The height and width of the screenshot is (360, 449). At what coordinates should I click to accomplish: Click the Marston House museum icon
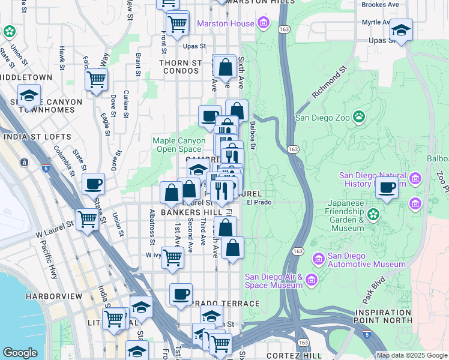pyautogui.click(x=263, y=24)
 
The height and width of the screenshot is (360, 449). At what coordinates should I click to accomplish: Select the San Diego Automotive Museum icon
pyautogui.click(x=319, y=259)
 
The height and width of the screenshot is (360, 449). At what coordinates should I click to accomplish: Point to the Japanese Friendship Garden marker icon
pyautogui.click(x=373, y=214)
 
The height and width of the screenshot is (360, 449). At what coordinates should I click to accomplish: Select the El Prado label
pyautogui.click(x=259, y=203)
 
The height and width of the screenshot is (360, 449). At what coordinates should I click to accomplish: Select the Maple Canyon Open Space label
pyautogui.click(x=179, y=145)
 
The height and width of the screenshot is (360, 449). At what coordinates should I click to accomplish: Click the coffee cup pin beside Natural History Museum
pyautogui.click(x=387, y=187)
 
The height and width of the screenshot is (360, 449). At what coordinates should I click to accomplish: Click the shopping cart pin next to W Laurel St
pyautogui.click(x=88, y=219)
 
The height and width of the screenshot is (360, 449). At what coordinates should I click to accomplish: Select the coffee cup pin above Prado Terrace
pyautogui.click(x=181, y=294)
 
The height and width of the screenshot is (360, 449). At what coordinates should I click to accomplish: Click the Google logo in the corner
pyautogui.click(x=20, y=353)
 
